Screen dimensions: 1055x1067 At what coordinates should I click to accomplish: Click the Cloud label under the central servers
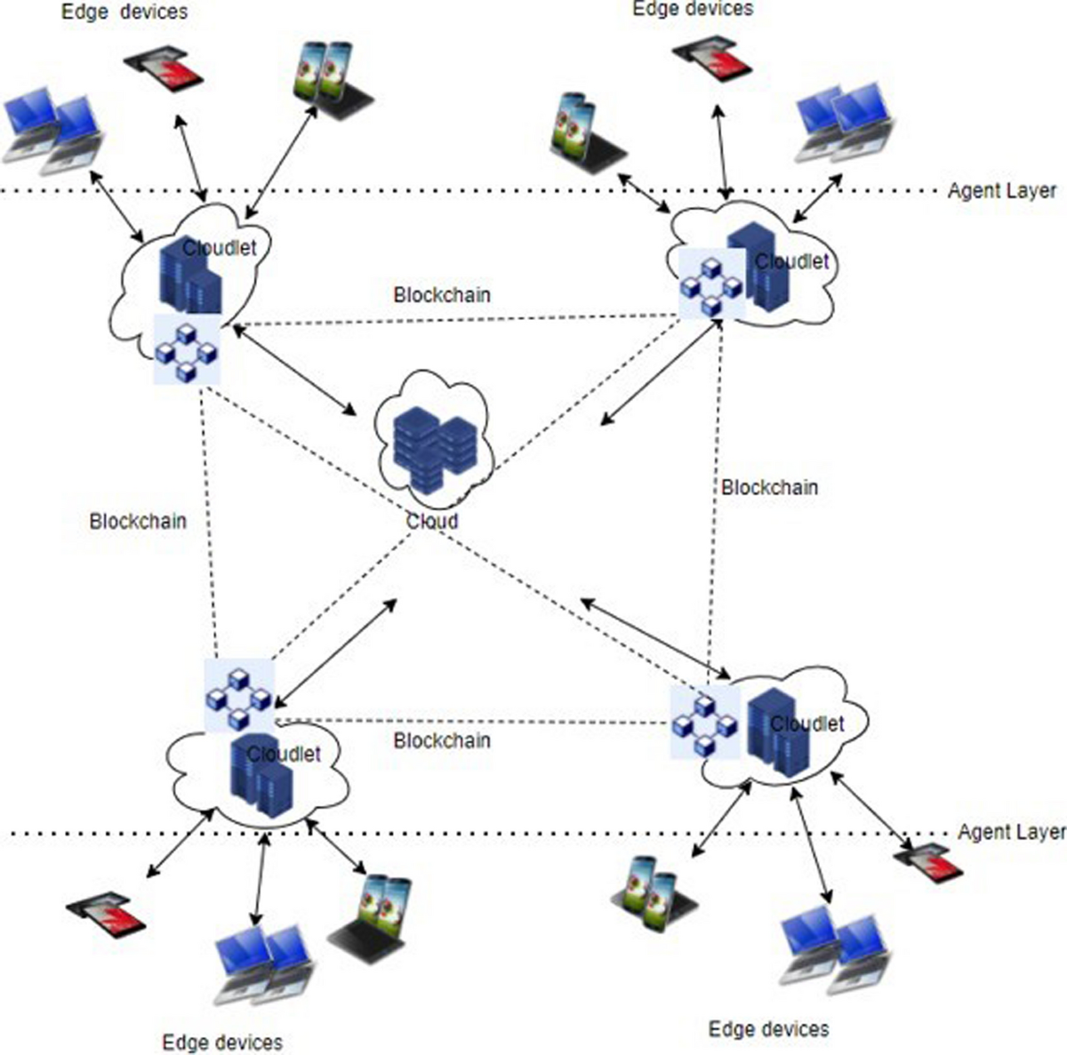tap(432, 521)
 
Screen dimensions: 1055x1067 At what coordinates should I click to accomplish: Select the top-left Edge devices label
tap(124, 12)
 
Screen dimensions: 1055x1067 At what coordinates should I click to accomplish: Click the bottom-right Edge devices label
tap(768, 1029)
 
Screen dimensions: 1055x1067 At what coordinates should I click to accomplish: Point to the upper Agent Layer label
tap(1001, 190)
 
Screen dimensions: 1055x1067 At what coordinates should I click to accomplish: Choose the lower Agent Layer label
tap(1011, 832)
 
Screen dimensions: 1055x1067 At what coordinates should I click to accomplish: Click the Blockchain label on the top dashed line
tap(442, 294)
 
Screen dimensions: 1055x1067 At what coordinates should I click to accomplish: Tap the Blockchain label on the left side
tap(138, 521)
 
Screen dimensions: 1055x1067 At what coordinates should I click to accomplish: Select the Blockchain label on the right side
tap(769, 487)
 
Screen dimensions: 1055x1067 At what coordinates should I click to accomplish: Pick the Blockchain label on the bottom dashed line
tap(442, 740)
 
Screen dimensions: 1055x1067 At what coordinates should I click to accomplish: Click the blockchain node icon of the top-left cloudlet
tap(187, 349)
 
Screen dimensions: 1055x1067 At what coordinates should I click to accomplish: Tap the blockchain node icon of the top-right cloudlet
tap(710, 284)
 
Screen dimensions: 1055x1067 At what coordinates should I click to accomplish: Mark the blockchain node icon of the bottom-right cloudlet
tap(704, 723)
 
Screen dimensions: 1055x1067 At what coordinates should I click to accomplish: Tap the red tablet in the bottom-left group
tap(107, 913)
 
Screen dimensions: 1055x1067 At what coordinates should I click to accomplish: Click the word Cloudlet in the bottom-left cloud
tap(284, 755)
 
